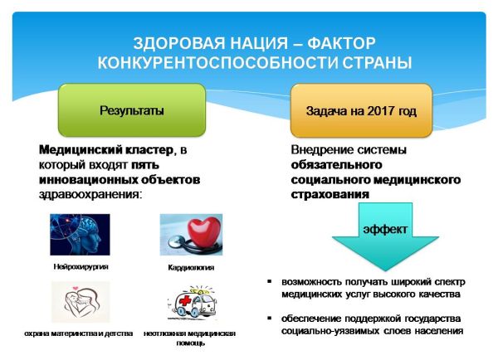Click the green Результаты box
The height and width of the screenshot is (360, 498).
click(132, 110)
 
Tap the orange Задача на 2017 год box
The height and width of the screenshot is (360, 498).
click(361, 110)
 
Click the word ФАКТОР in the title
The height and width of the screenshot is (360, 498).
click(341, 43)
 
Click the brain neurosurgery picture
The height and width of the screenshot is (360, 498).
click(80, 235)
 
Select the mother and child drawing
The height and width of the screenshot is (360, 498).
click(81, 302)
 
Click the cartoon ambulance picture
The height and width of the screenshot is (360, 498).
click(192, 302)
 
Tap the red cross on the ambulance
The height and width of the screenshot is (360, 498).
click(185, 300)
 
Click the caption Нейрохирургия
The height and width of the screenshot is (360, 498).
click(81, 266)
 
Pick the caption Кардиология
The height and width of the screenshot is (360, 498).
click(191, 268)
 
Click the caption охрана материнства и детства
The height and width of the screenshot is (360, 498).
click(79, 333)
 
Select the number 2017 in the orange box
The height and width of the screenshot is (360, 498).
click(379, 111)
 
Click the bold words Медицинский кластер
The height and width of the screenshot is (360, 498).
click(106, 149)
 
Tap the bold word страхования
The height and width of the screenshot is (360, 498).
click(330, 194)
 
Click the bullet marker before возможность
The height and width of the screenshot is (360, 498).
click(270, 281)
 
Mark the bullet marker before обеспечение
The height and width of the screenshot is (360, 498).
click(270, 318)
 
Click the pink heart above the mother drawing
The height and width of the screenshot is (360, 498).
click(76, 288)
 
